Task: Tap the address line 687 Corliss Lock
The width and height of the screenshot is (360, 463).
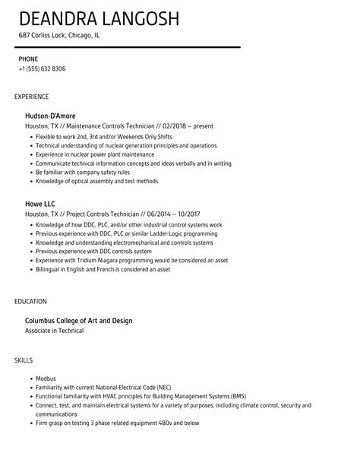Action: pos(59,36)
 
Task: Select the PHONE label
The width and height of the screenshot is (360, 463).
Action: pos(28,59)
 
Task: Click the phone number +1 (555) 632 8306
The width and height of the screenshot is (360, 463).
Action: pos(43,69)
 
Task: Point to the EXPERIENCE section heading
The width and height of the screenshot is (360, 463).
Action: pos(31,97)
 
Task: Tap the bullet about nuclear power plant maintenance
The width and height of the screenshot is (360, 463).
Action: pos(96,154)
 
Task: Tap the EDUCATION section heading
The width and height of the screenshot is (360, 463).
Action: pos(30,301)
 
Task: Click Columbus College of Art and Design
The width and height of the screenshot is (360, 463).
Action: pos(79,321)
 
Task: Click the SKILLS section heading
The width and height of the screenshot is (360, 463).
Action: pos(24,359)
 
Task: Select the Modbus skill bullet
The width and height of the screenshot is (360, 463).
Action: pos(46,378)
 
